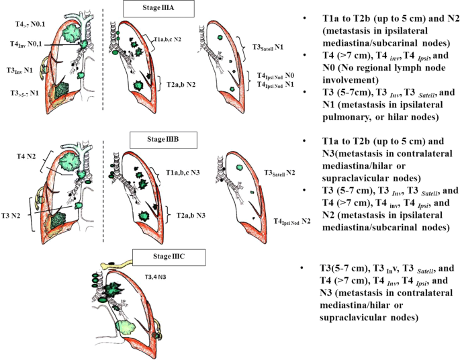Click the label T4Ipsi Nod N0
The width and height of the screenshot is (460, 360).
pyautogui.click(x=273, y=76)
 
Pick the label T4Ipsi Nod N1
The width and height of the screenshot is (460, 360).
pyautogui.click(x=273, y=85)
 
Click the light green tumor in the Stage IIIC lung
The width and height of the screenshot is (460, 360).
pyautogui.click(x=121, y=327)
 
